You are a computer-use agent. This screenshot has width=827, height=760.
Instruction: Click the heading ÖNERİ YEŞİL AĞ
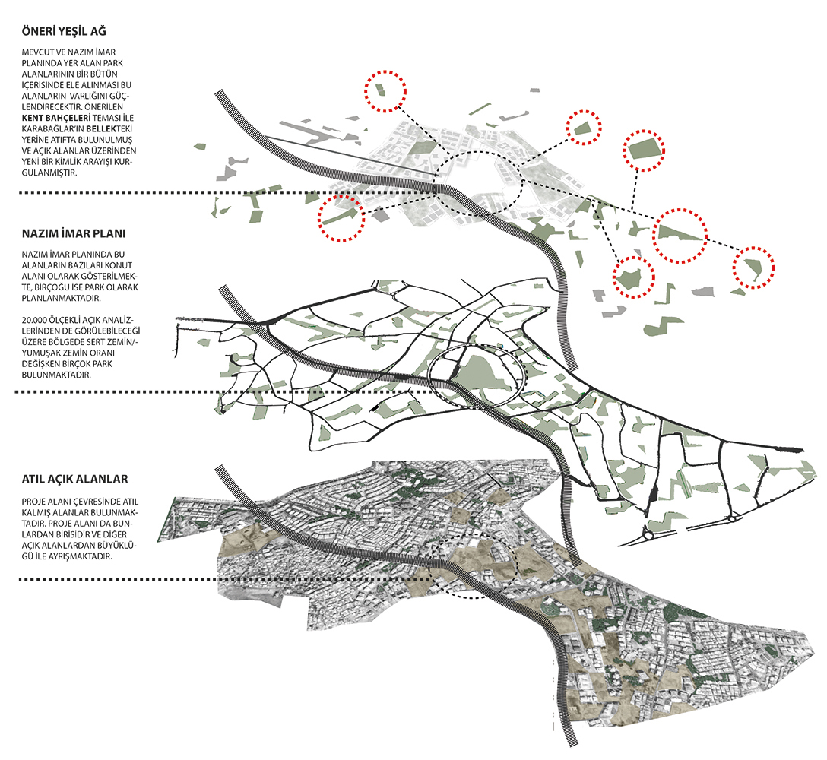(64, 32)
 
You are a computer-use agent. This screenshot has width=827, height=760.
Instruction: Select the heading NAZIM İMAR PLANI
(74, 233)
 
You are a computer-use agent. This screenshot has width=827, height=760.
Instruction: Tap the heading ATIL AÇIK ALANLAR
(75, 480)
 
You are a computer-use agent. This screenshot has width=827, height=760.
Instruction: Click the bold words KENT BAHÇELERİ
(56, 118)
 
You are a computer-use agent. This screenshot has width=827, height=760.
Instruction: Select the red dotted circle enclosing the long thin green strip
(341, 218)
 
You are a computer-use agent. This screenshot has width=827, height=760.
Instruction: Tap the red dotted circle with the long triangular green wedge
(680, 236)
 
